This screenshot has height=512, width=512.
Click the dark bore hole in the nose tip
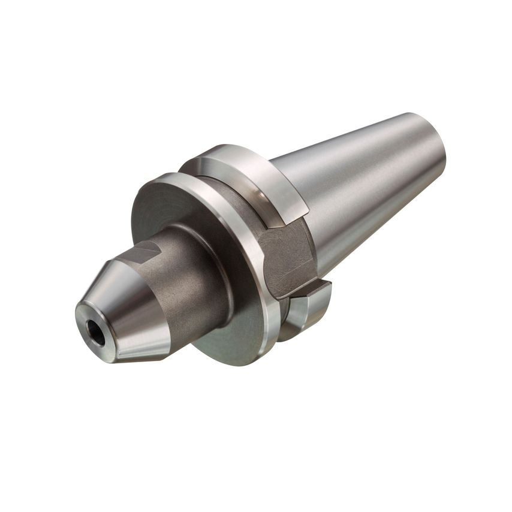click(95, 332)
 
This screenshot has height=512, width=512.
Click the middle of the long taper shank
click(360, 186)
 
